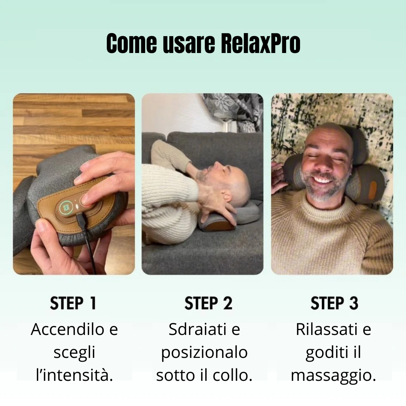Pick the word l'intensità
click(x=74, y=375)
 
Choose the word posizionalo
click(x=204, y=353)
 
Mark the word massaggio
click(x=333, y=375)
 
